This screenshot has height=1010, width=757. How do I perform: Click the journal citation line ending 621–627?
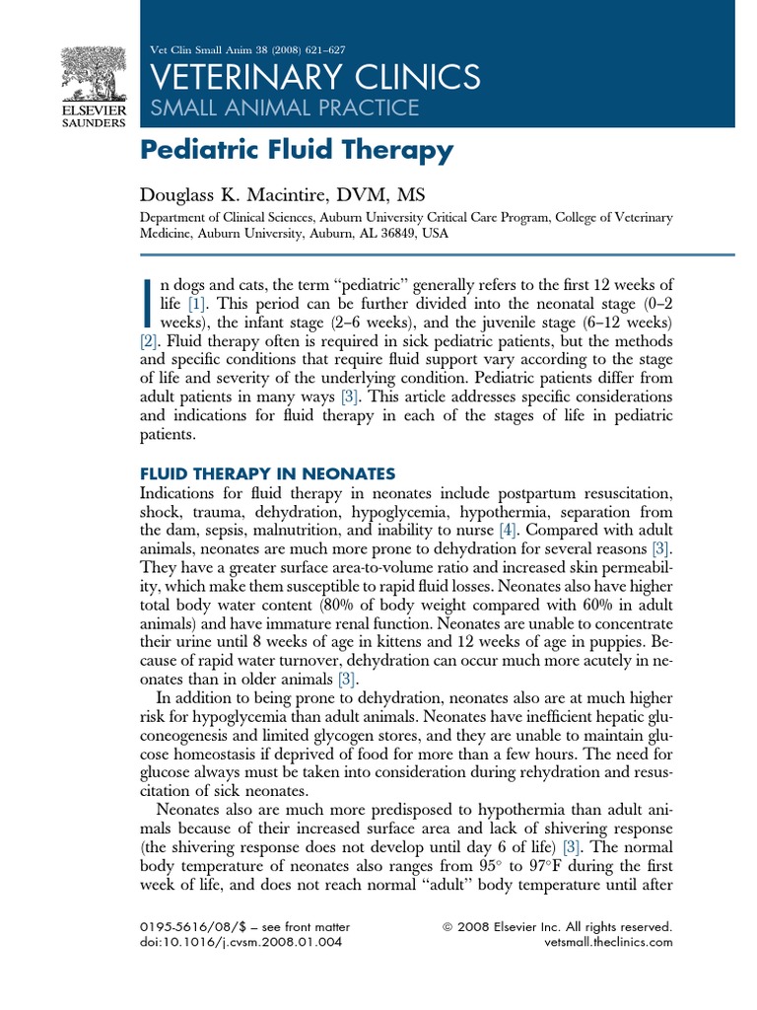click(245, 50)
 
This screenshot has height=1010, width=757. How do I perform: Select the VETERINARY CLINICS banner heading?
click(312, 77)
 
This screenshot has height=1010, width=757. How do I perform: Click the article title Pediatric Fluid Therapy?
click(296, 151)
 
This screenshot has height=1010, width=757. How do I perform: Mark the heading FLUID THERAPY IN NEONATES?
click(267, 472)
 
